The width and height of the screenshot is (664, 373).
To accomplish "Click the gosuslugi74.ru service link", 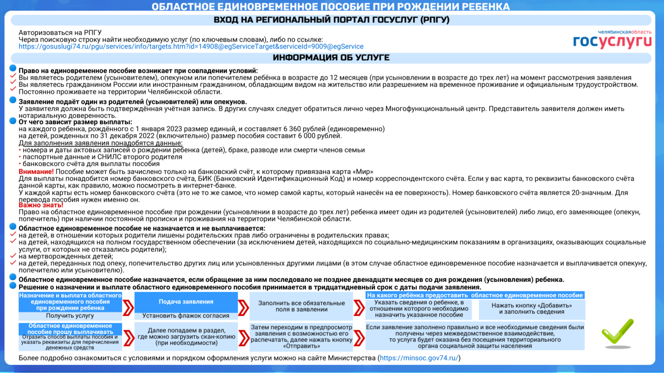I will tap(191, 47).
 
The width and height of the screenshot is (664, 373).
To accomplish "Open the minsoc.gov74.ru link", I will tap(419, 358).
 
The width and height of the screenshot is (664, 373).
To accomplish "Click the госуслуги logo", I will tap(612, 41).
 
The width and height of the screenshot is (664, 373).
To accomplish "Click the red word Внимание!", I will tap(36, 172).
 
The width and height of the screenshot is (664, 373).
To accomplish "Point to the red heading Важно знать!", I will tap(41, 205).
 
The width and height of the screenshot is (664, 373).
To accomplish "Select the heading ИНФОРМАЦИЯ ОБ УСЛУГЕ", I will tap(331, 58).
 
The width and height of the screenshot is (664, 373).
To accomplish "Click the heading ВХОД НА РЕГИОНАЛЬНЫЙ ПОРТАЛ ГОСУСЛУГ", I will tap(331, 20).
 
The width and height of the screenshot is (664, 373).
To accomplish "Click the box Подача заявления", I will tap(186, 302).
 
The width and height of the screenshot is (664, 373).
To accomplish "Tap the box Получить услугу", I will tap(70, 316).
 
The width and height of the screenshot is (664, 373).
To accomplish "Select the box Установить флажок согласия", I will tap(186, 316).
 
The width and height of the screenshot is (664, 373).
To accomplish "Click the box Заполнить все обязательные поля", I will tap(301, 306).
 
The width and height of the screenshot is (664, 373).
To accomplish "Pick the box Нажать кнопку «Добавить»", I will tap(532, 309).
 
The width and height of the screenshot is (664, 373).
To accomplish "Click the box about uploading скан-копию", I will tap(186, 337).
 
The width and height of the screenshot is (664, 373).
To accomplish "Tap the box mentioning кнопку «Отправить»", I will tap(301, 337).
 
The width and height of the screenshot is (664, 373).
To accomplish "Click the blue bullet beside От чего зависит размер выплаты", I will tap(13, 121).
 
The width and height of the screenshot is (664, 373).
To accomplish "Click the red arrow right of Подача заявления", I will tap(244, 308).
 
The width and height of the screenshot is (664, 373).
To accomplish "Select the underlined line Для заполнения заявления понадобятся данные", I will tap(100, 143).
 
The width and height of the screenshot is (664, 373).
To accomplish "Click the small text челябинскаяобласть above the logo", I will tap(624, 32).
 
